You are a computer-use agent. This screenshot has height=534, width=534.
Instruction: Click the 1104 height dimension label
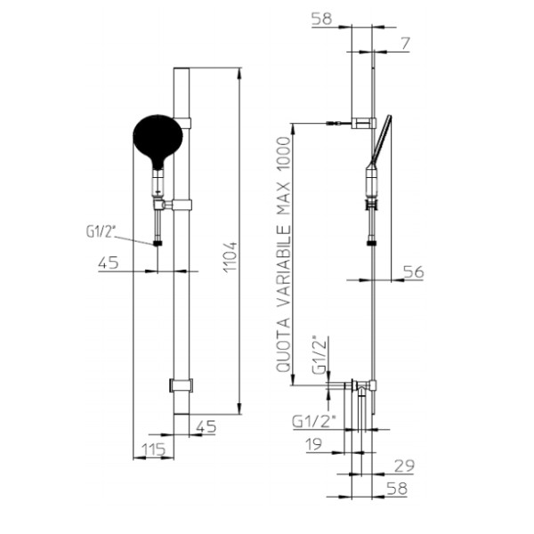click(231, 256)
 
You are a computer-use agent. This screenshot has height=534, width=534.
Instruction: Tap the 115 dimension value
click(153, 449)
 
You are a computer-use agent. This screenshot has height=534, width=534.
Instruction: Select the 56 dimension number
click(414, 271)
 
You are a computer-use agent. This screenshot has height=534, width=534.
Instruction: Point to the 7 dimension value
click(405, 44)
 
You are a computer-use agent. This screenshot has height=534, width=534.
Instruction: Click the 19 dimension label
click(313, 444)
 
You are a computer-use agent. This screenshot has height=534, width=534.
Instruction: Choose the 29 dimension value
click(404, 465)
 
